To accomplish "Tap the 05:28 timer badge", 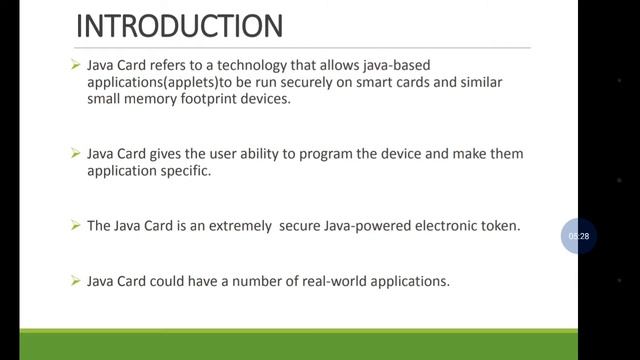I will pos(578,236).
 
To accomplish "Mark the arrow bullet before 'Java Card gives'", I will pos(75,154).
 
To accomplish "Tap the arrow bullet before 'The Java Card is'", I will pos(75,226).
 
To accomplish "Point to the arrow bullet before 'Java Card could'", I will pos(75,282).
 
